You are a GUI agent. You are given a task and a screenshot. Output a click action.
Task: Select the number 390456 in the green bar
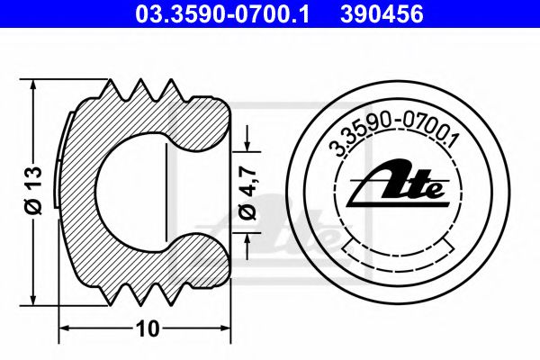(382, 13)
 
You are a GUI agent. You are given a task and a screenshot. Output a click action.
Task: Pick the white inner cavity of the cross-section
(135, 192)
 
